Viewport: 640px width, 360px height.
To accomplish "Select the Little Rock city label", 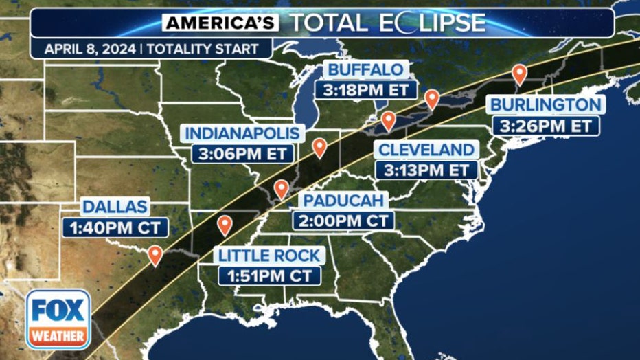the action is pos(269,256).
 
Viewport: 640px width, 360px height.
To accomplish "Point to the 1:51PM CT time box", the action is pos(269,275).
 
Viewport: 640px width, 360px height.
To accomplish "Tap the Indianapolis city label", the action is pos(242,133).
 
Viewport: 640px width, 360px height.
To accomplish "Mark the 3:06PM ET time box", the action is pos(242,153).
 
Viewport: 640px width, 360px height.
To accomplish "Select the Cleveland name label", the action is pos(426,150).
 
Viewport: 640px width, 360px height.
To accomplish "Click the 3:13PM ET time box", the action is pos(426,169).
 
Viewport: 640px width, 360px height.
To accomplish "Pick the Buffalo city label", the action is pos(365,69).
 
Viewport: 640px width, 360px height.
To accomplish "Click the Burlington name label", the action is pos(546,105).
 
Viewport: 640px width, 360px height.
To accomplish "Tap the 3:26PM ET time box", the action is pos(546,126).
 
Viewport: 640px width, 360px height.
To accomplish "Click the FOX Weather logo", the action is pos(58,319).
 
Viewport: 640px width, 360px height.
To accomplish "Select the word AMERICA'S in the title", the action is pos(220,23).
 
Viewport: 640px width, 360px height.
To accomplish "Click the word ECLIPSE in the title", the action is pos(432,23).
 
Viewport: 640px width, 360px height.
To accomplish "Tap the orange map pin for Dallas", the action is pos(155,256).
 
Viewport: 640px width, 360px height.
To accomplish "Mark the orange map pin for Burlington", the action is pos(519,74).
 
